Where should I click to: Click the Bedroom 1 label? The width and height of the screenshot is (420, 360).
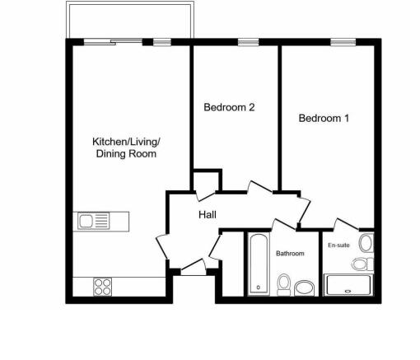[x=324, y=118]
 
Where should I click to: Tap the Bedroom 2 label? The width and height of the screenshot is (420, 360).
[x=228, y=106]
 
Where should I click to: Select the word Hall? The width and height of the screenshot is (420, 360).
[x=208, y=214]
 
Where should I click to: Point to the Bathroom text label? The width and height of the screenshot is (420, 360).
[x=290, y=254]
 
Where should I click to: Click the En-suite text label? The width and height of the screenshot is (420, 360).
[x=338, y=245]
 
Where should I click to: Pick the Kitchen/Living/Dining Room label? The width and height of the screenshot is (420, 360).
[x=126, y=147]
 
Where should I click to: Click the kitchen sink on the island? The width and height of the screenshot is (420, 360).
[x=93, y=221]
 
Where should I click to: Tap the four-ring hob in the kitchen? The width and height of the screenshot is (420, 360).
[x=103, y=287]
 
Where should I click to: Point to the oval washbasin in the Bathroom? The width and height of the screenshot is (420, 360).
[x=305, y=288]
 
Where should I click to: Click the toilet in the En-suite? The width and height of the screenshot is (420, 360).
[x=360, y=264]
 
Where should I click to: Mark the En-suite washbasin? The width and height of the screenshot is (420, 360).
[x=366, y=243]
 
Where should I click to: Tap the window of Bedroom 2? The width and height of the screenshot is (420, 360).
[x=246, y=41]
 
